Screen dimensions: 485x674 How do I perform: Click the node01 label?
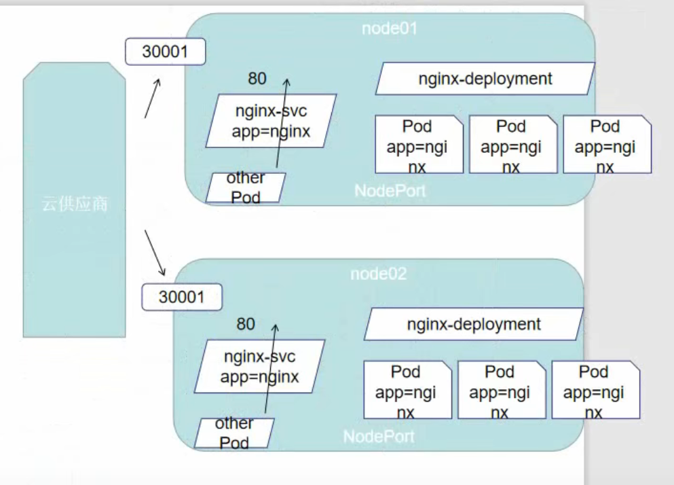click(389, 29)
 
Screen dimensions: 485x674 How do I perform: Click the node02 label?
click(378, 274)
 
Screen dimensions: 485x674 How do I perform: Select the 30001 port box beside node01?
click(165, 52)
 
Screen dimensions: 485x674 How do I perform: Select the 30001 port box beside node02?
click(181, 298)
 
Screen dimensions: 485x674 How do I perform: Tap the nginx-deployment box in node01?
click(485, 79)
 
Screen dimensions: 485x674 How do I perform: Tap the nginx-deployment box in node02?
click(473, 324)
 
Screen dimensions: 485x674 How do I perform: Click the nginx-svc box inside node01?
click(271, 121)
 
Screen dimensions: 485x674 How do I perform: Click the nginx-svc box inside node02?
click(259, 366)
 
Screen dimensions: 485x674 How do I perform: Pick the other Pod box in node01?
click(245, 187)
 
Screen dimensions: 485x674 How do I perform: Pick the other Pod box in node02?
click(233, 433)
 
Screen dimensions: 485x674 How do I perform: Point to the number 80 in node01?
click(257, 79)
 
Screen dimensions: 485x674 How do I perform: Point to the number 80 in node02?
click(246, 324)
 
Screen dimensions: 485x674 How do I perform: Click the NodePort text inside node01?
click(390, 191)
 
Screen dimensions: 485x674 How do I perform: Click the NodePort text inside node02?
click(379, 436)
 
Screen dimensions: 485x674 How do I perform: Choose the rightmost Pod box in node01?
click(607, 145)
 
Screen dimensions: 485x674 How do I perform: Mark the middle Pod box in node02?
click(501, 390)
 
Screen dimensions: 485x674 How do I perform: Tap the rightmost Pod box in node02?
click(595, 390)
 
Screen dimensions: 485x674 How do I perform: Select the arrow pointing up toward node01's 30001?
click(153, 98)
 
